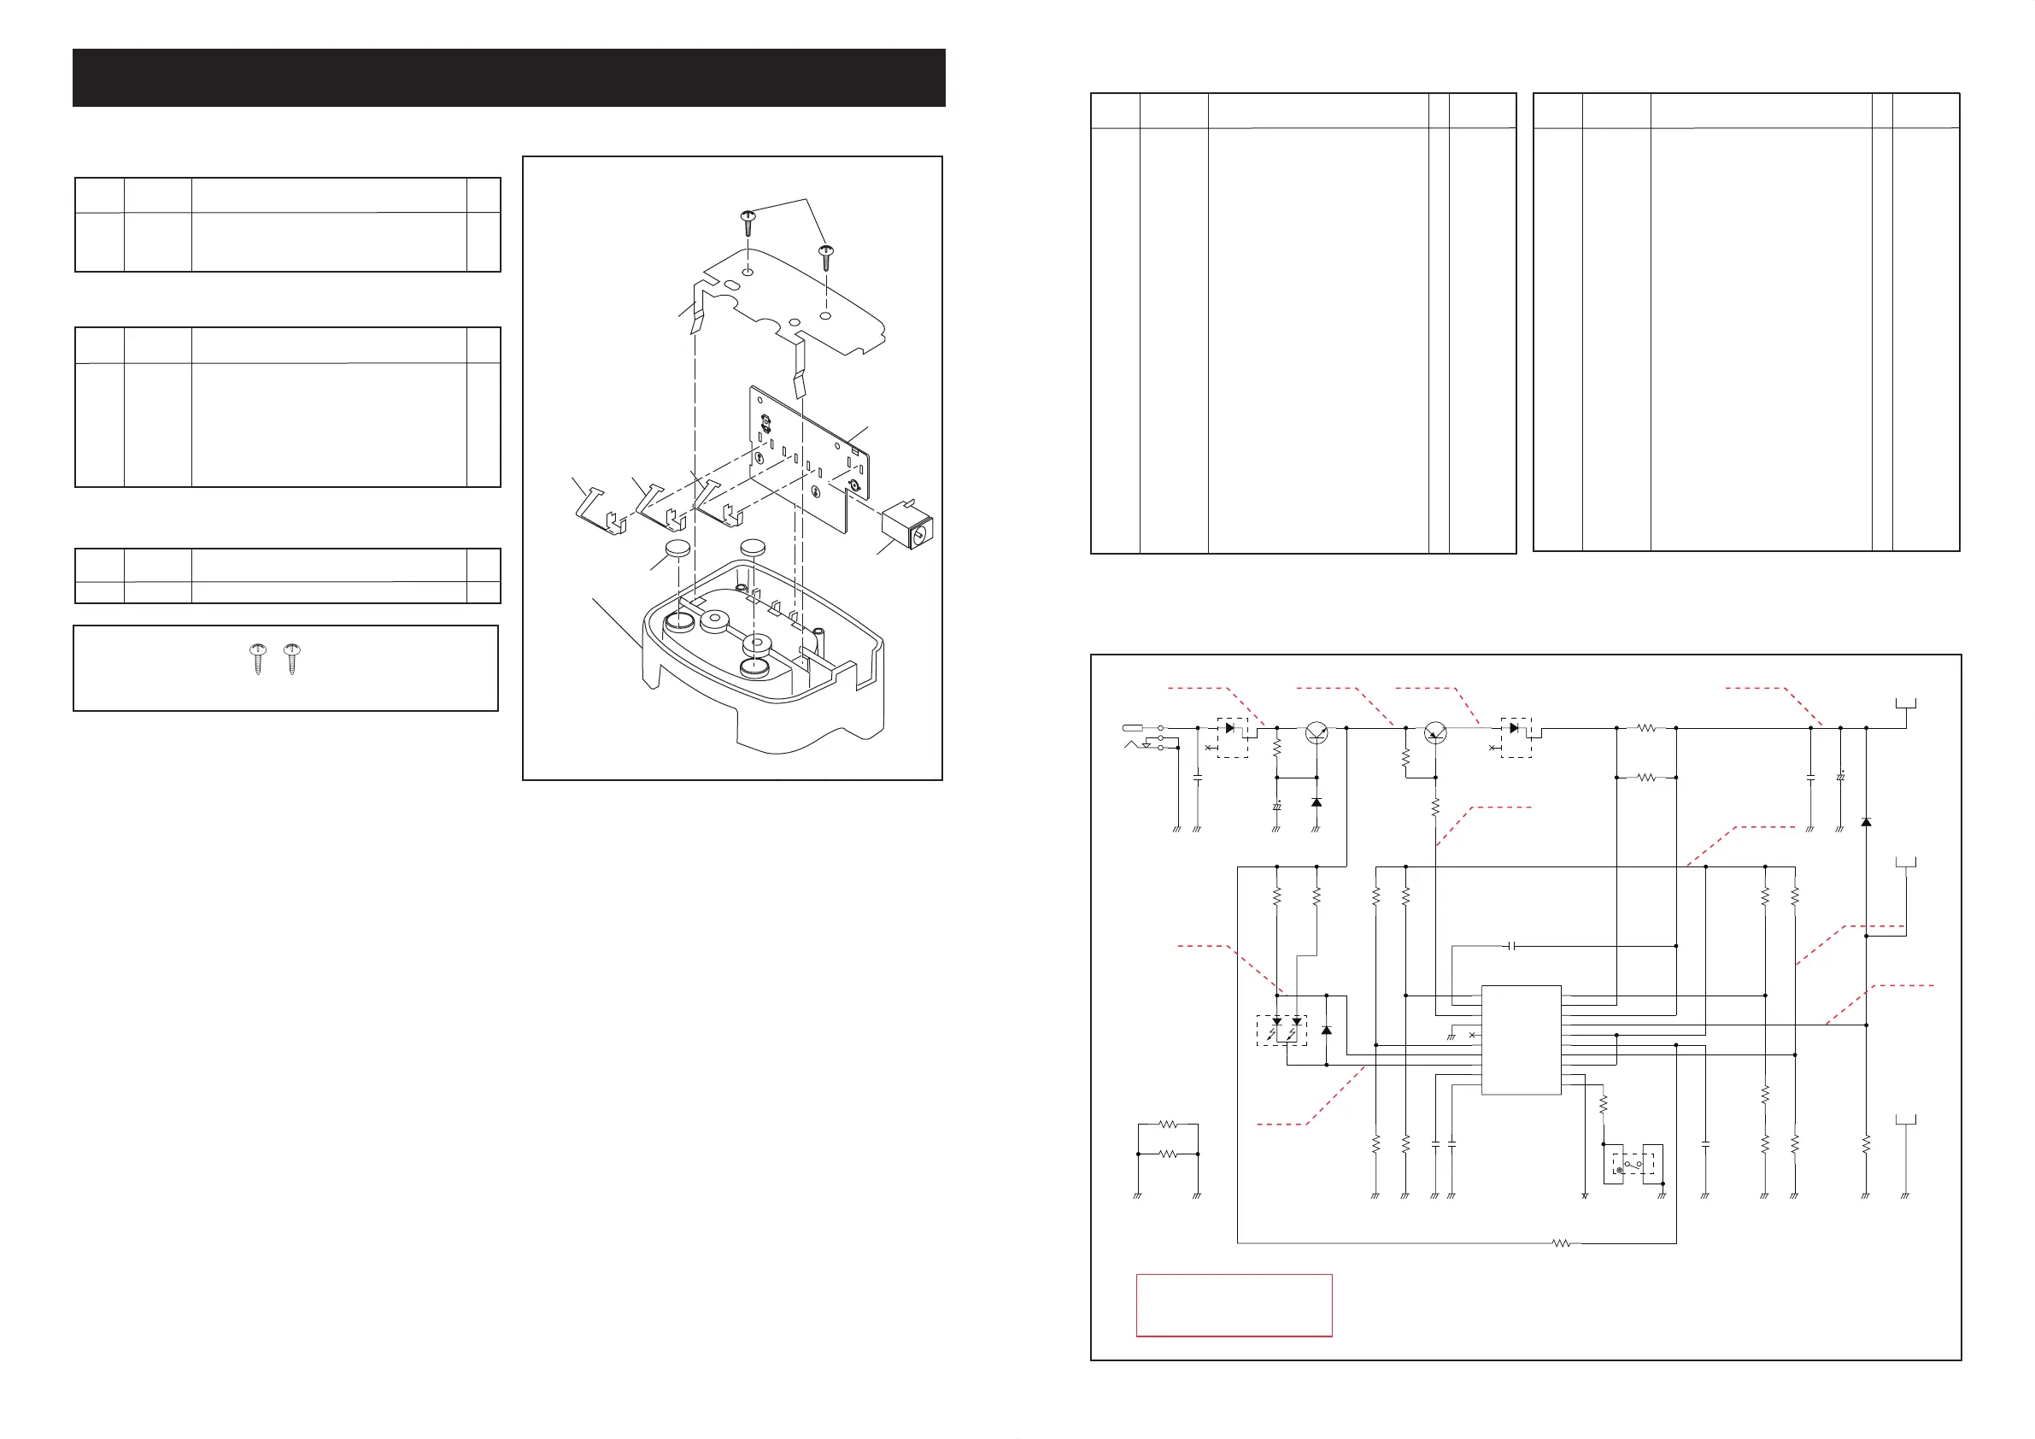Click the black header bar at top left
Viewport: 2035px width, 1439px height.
(x=509, y=78)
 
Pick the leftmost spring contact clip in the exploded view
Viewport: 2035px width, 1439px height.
(x=601, y=512)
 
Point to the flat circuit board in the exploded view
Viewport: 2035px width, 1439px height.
(x=806, y=459)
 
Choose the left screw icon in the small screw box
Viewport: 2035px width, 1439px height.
(x=257, y=659)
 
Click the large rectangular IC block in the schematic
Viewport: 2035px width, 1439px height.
(x=1521, y=1039)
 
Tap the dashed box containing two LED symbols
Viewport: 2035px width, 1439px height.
(x=1281, y=1031)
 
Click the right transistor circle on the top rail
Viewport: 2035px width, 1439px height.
(x=1436, y=732)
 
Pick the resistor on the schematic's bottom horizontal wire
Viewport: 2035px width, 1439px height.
(x=1562, y=1243)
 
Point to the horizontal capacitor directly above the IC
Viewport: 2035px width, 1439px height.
(x=1512, y=946)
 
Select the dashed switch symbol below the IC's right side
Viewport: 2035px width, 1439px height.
(x=1633, y=1164)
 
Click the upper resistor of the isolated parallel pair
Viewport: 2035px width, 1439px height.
(x=1168, y=1125)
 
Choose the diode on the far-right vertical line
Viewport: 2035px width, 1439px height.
(x=1866, y=822)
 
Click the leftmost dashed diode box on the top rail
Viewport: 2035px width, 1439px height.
(x=1232, y=737)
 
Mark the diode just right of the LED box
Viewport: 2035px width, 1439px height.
(x=1326, y=1031)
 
